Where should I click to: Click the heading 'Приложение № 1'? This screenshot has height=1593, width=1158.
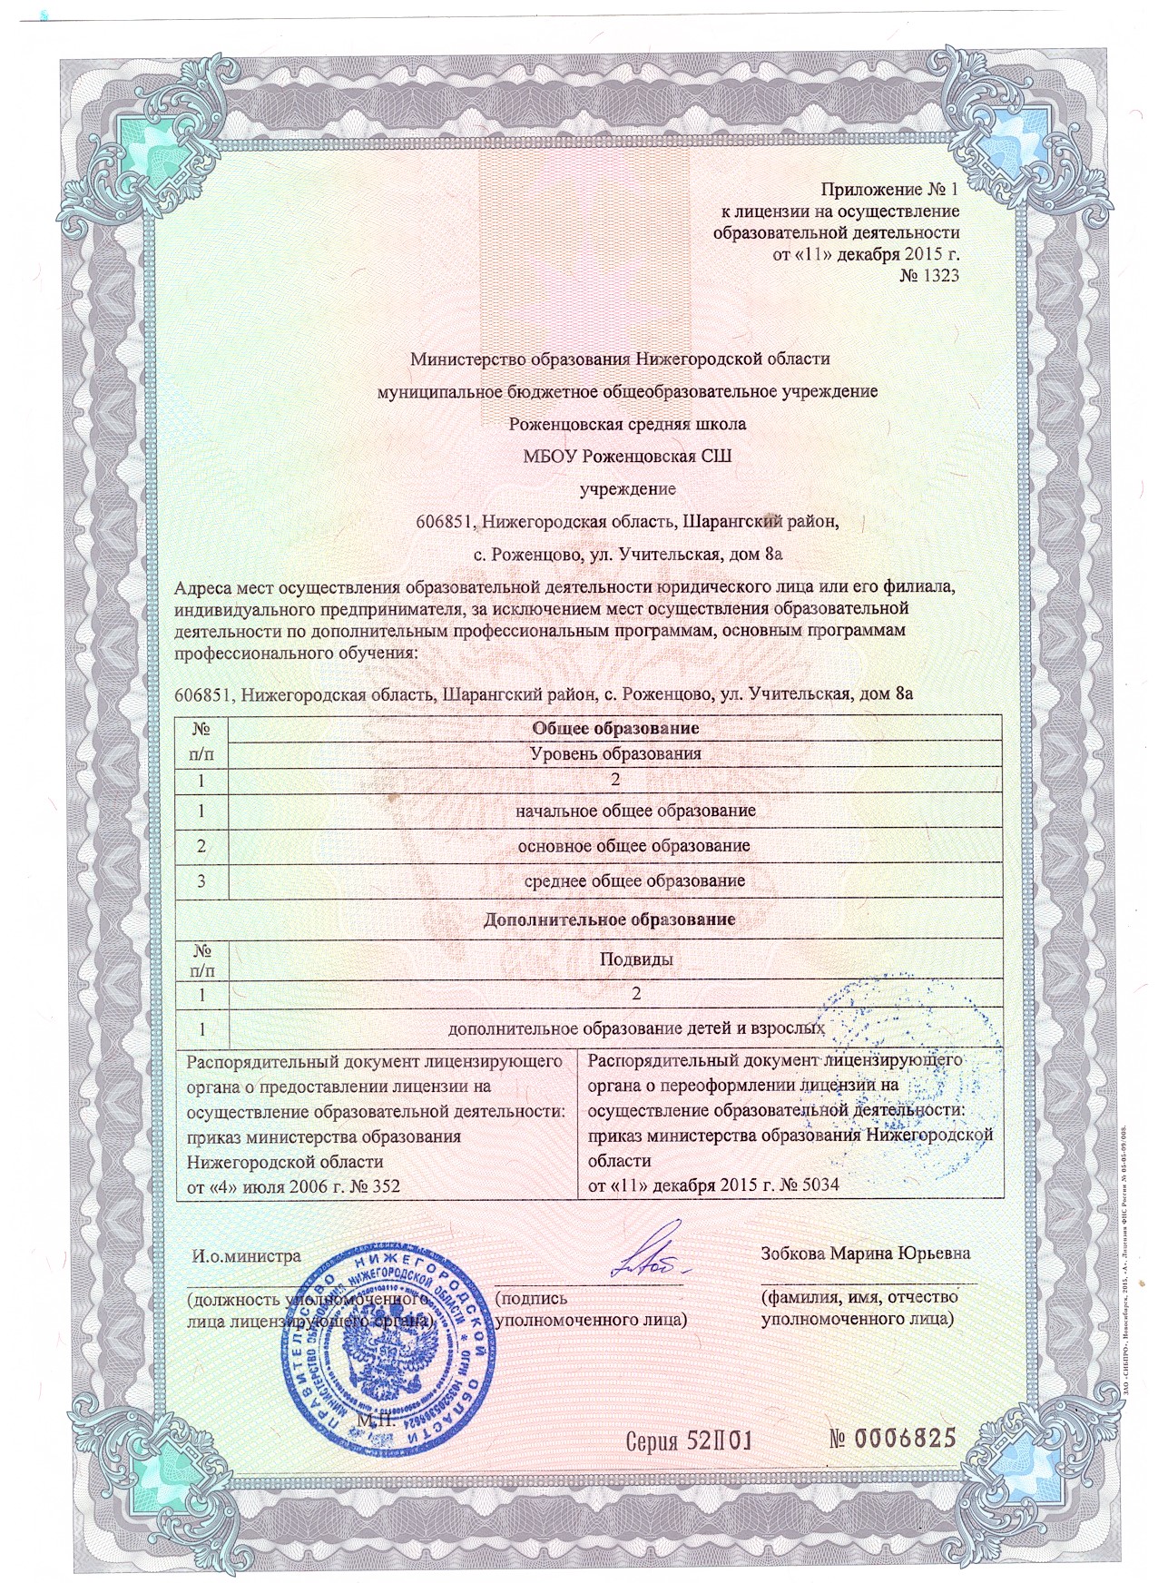[x=889, y=190]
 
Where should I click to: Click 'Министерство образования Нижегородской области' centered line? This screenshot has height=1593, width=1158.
[x=620, y=358]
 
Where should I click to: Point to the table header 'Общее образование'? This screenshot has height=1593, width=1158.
[x=614, y=728]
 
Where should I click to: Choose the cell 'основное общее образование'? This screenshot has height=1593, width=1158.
[x=633, y=845]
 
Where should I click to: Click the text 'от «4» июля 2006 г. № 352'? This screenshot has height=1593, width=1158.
[x=292, y=1185]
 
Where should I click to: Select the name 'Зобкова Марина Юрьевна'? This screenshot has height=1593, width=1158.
[x=866, y=1254]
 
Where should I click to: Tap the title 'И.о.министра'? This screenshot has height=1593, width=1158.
[x=245, y=1257]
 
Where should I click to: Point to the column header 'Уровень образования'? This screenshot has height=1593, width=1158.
[x=614, y=753]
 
